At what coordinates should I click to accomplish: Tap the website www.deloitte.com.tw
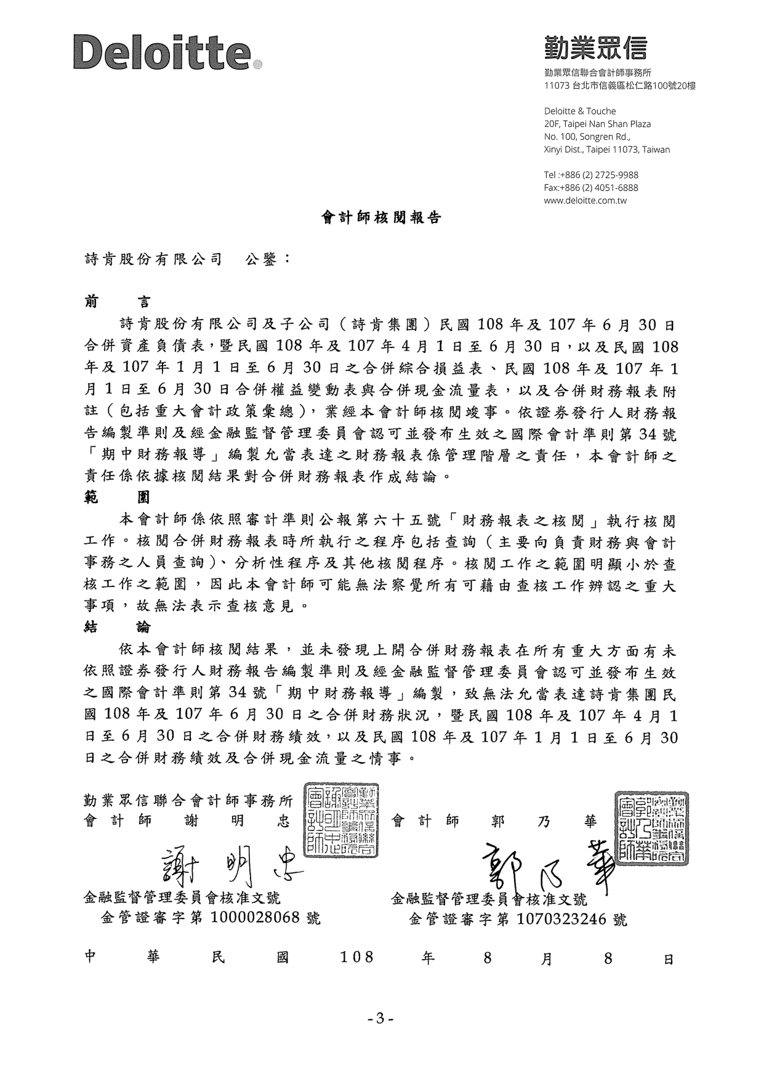pyautogui.click(x=585, y=200)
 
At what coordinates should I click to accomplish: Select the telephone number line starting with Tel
pyautogui.click(x=591, y=175)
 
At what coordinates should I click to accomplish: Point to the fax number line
pyautogui.click(x=591, y=187)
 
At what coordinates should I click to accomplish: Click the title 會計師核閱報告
pyautogui.click(x=382, y=217)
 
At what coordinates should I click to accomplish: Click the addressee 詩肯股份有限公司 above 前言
pyautogui.click(x=153, y=259)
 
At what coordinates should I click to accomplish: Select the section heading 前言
pyautogui.click(x=117, y=302)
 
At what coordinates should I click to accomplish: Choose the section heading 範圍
pyautogui.click(x=117, y=496)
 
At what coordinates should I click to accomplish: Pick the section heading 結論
pyautogui.click(x=117, y=627)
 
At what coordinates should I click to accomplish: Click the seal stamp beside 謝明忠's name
pyautogui.click(x=342, y=820)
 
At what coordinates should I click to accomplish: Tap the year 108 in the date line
pyautogui.click(x=357, y=957)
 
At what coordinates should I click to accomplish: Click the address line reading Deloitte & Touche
pyautogui.click(x=580, y=111)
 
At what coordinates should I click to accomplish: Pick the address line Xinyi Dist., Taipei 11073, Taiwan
pyautogui.click(x=607, y=149)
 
